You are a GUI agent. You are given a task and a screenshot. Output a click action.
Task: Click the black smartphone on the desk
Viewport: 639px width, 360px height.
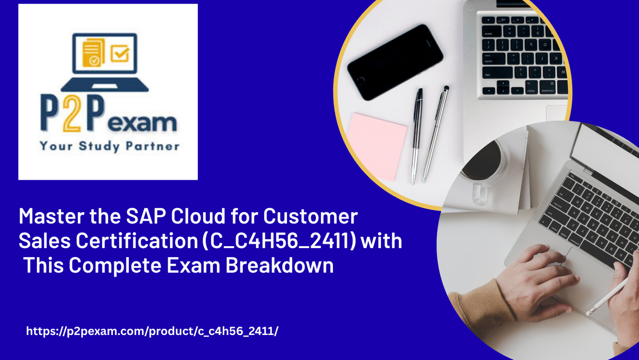[395, 62]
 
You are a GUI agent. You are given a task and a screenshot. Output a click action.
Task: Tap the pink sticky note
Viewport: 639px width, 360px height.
[377, 147]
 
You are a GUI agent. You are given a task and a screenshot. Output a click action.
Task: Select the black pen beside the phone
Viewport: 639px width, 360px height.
[416, 136]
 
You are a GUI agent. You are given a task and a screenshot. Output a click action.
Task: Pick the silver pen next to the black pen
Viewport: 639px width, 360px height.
[436, 134]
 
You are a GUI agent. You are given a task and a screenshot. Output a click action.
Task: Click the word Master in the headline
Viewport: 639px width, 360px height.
[52, 216]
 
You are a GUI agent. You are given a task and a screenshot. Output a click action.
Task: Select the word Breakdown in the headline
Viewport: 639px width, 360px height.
[280, 265]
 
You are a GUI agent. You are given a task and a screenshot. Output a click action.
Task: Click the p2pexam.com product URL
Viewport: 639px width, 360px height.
[152, 331]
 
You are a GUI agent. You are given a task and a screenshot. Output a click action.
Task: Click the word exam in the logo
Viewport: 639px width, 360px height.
[142, 123]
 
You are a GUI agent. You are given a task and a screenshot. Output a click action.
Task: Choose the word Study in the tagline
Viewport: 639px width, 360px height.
[99, 146]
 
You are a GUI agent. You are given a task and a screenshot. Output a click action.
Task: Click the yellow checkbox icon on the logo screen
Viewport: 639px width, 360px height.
[120, 53]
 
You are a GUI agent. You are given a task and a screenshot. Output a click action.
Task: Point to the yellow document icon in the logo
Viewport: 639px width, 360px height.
[93, 52]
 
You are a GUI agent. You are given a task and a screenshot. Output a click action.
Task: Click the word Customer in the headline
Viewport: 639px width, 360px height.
[311, 216]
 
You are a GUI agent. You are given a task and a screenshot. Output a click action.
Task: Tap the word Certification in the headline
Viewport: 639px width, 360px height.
[137, 241]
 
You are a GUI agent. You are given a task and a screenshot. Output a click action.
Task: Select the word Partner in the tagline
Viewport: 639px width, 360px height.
[153, 146]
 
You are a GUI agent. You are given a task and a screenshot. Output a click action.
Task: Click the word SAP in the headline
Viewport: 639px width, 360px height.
[146, 216]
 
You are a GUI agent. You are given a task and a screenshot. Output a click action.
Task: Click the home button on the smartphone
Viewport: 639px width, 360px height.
[360, 81]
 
